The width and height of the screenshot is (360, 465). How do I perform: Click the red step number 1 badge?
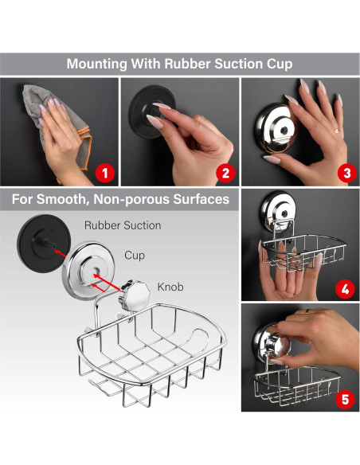tap(105, 174)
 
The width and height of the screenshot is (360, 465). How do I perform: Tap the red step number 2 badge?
tap(225, 174)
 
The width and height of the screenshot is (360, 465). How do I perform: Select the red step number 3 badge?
tap(347, 174)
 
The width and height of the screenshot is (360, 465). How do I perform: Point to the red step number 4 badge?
tap(345, 289)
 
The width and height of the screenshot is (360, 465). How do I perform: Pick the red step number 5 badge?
tap(346, 400)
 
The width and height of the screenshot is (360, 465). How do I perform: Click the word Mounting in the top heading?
tap(97, 64)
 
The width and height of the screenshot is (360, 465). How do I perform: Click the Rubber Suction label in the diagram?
tap(123, 225)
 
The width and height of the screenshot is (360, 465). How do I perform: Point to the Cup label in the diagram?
tap(135, 256)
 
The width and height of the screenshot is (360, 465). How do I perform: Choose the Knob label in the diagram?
tap(170, 287)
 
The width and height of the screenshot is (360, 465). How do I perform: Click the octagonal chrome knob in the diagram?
tap(135, 295)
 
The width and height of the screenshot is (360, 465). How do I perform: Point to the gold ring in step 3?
tap(337, 131)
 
